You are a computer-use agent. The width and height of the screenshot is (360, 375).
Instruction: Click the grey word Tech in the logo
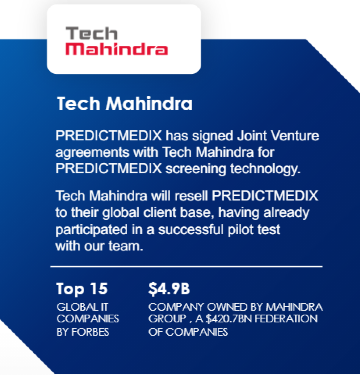point(92,33)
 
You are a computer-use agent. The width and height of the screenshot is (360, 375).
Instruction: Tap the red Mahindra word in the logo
point(116,49)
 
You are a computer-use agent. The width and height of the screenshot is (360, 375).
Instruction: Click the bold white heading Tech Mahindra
point(124,104)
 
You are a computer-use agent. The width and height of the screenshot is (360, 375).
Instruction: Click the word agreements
point(92,153)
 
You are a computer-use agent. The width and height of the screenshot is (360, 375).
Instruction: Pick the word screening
point(196,169)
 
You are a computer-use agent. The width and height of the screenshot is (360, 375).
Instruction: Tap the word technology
point(265,169)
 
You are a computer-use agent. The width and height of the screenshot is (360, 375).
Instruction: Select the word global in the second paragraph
point(121,213)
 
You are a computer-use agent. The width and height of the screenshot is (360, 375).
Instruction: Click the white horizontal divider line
point(186,266)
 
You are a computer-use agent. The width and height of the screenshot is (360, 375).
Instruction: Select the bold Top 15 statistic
point(82,289)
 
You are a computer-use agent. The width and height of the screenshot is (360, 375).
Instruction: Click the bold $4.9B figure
point(169,289)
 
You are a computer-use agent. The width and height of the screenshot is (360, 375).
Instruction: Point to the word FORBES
point(90,332)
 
